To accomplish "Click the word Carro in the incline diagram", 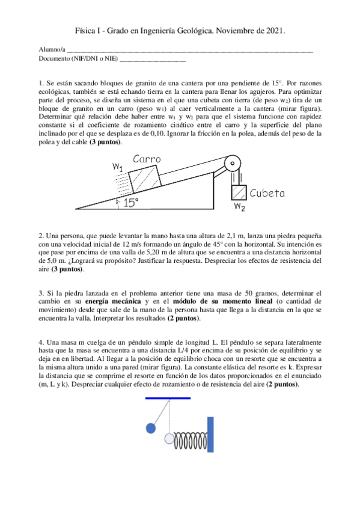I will pos(147,159).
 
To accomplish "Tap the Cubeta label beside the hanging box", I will pos(267,193).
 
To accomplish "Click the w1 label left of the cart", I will pos(118,168).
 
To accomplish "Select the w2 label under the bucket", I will pos(240,207).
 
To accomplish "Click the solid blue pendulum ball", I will pos(151,428).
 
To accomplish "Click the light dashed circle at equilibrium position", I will pos(169,438).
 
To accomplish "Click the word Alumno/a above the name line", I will pos(51,49).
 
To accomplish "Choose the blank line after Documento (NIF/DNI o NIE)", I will pos(153,60).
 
